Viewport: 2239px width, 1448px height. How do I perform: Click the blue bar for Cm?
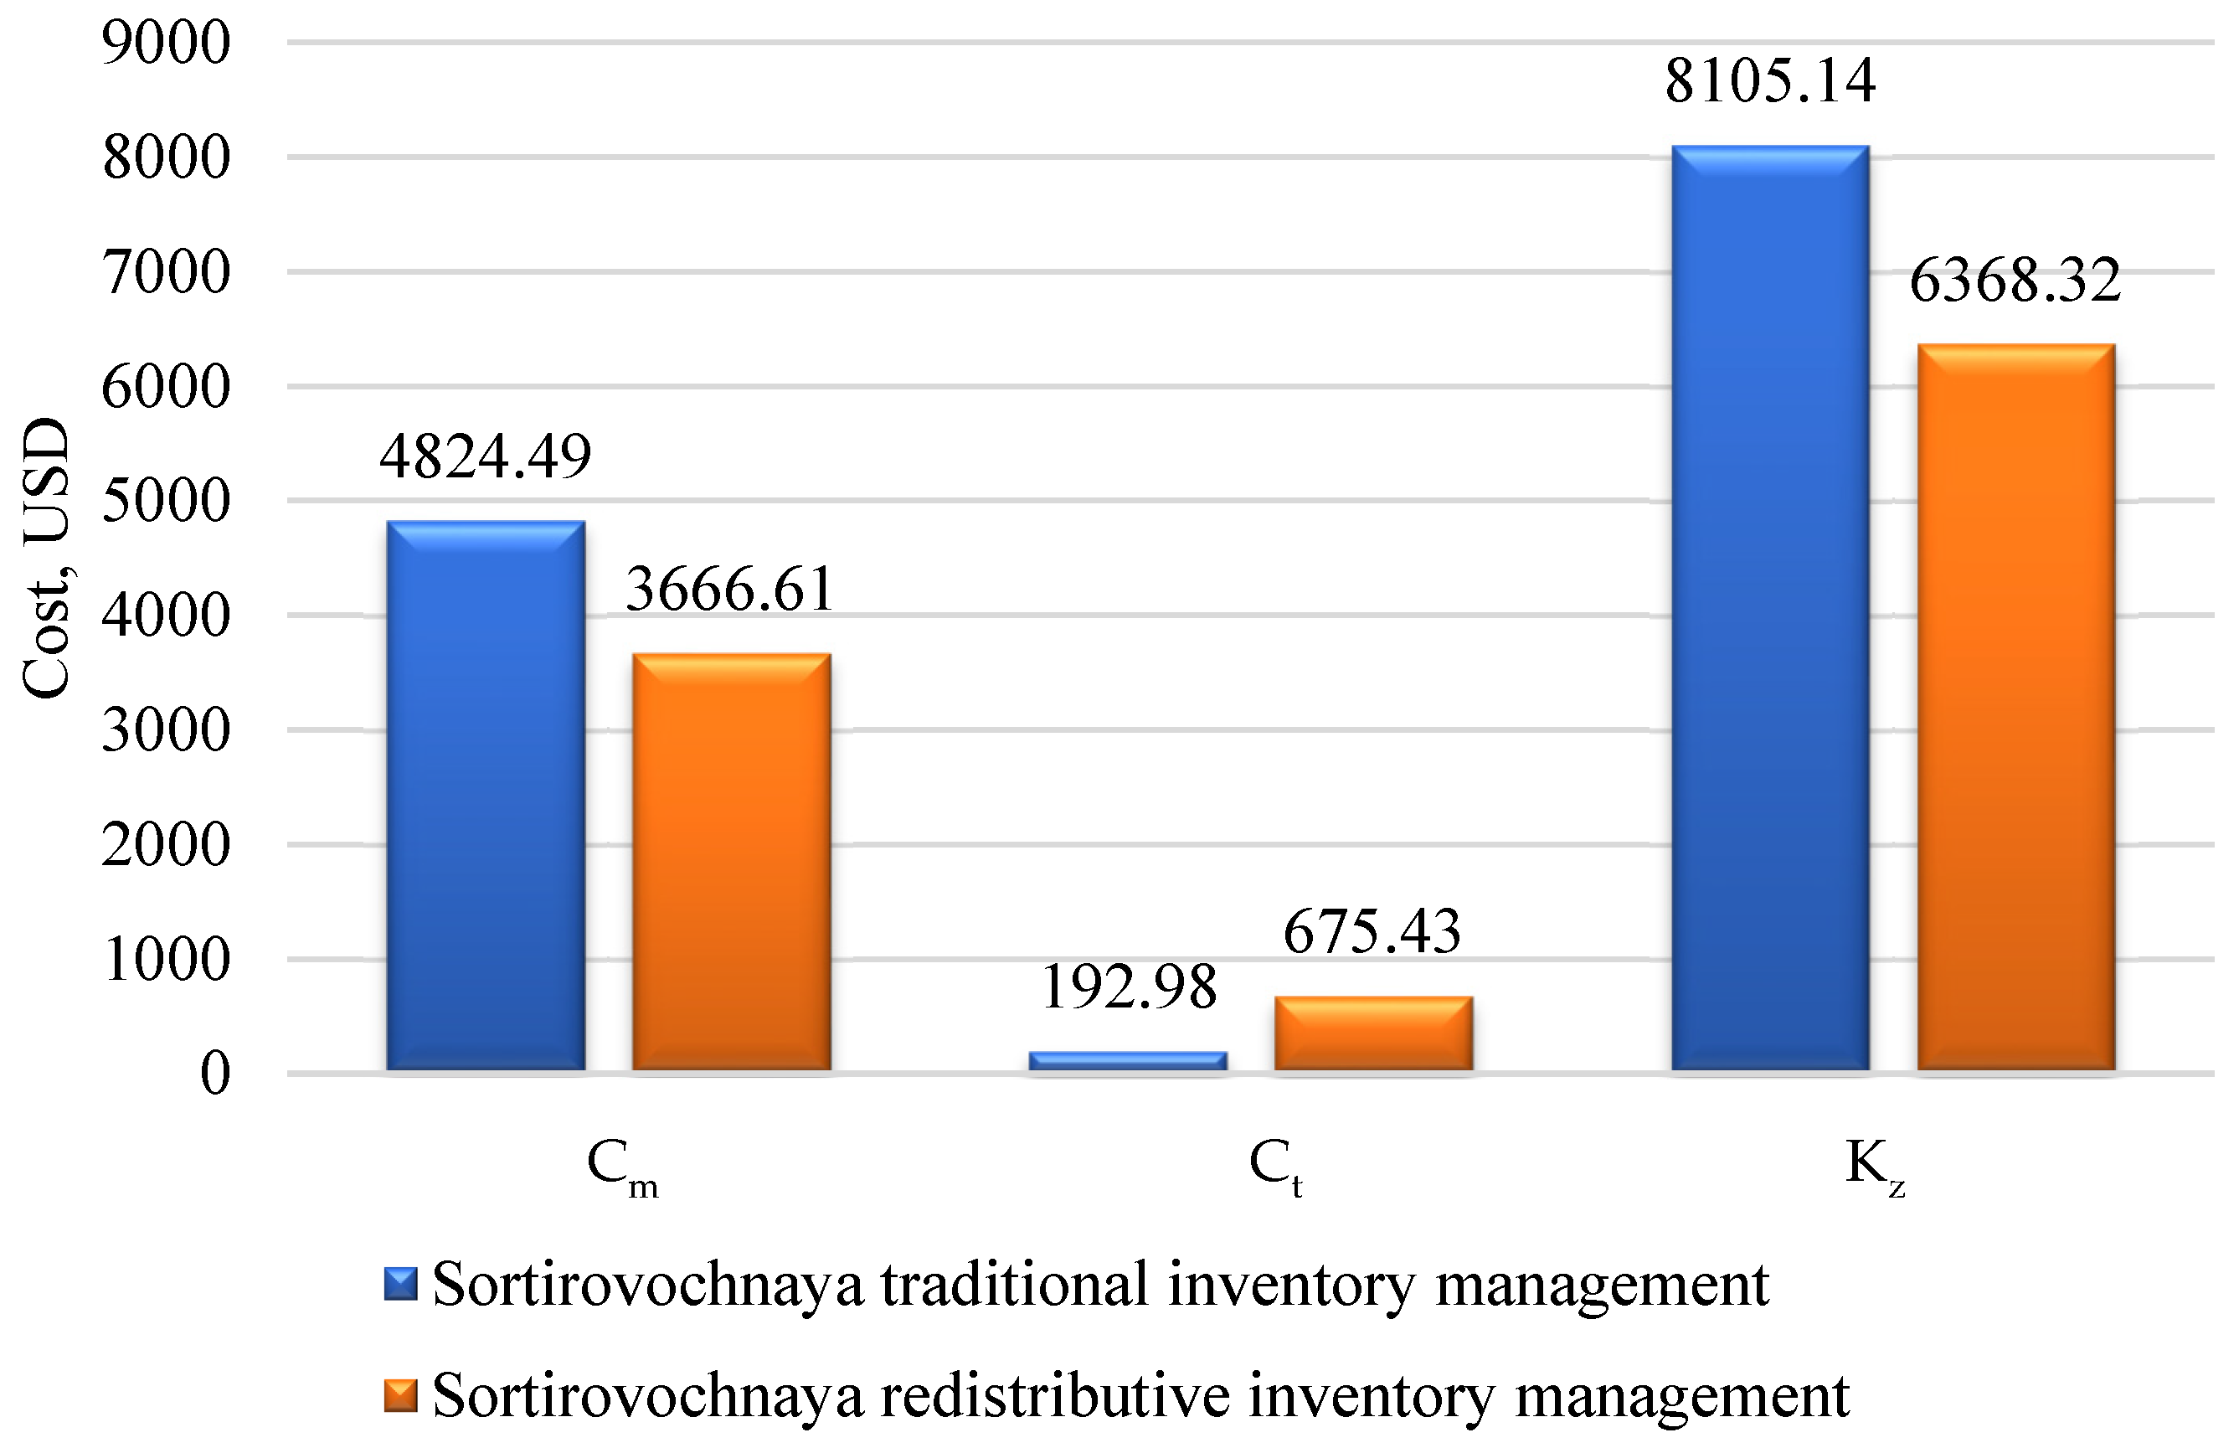(485, 796)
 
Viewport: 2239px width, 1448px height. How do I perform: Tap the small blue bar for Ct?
(1127, 1060)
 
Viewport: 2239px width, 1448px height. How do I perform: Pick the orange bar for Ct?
(1372, 1033)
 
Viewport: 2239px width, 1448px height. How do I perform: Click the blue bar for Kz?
(1769, 607)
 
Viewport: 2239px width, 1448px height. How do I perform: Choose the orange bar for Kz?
(2015, 707)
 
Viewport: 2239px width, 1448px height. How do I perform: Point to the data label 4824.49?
(485, 457)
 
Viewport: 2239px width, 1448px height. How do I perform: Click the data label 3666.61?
(730, 590)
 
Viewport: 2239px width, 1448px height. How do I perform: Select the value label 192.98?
(1129, 988)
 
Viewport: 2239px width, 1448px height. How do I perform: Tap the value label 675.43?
(1372, 932)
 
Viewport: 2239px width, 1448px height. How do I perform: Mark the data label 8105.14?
(1770, 81)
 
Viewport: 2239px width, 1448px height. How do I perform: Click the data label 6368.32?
(2015, 281)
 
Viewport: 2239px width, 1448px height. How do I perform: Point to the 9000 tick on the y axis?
(167, 44)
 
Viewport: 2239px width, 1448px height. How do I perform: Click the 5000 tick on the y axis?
(167, 501)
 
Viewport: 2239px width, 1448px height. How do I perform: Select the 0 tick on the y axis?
(215, 1073)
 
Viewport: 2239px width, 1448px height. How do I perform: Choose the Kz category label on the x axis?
(1874, 1166)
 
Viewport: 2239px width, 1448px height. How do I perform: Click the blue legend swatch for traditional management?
(400, 1285)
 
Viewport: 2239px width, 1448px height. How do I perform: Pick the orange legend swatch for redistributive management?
(400, 1396)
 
